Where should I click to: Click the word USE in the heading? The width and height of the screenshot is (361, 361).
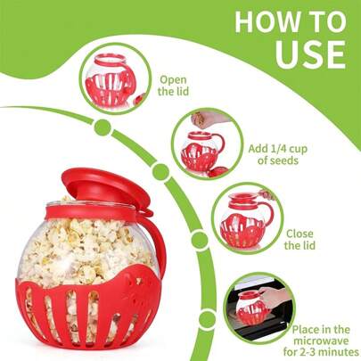click(307, 53)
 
